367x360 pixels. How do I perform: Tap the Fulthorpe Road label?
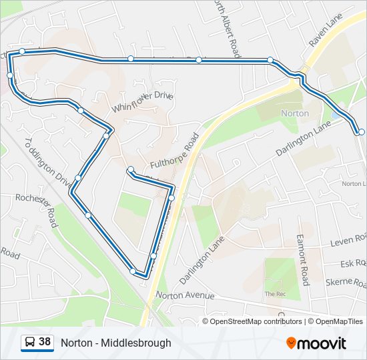[x=175, y=150]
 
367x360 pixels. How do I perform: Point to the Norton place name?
[x=295, y=113]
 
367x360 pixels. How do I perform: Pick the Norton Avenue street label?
[x=185, y=295]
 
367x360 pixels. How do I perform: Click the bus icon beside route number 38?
[x=30, y=343]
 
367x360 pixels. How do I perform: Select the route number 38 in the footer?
[x=45, y=342]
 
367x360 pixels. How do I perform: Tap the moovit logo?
[x=316, y=343]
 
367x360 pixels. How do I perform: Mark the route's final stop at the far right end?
[x=361, y=132]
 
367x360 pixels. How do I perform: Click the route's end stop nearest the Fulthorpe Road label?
[x=131, y=170]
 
